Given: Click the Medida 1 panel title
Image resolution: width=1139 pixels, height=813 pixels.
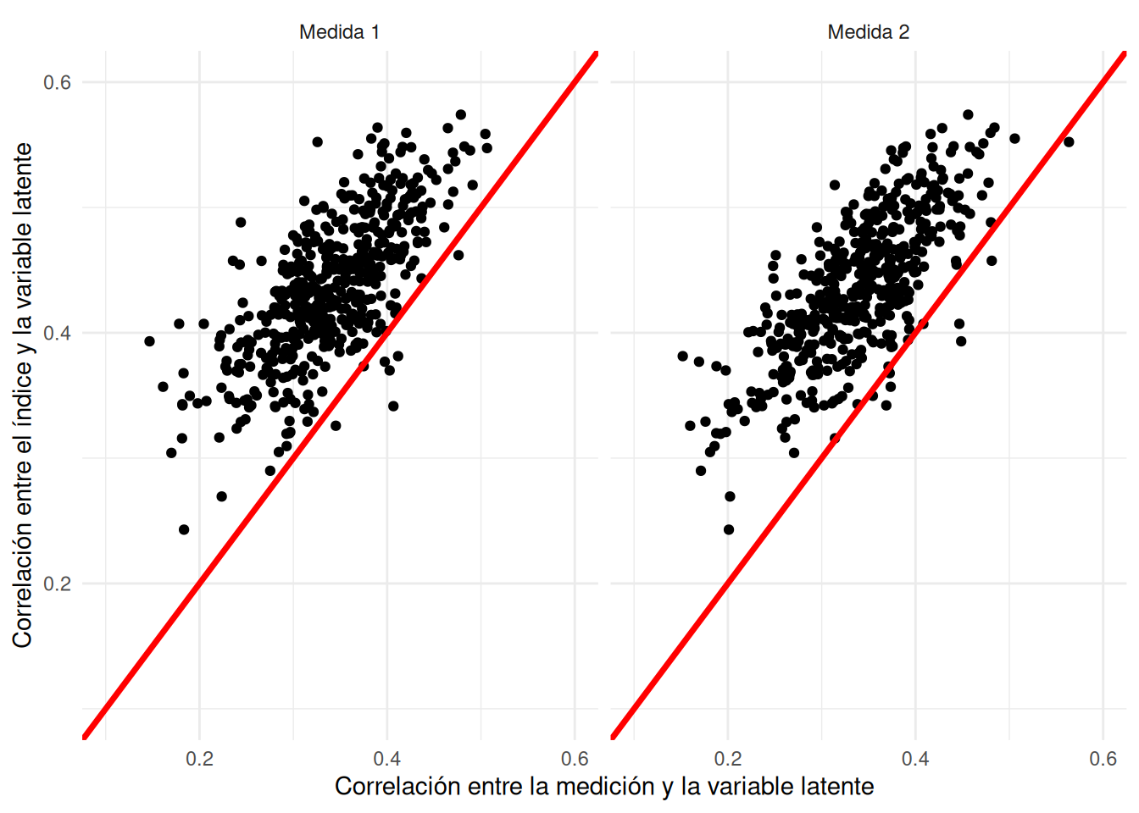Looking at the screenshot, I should tap(339, 32).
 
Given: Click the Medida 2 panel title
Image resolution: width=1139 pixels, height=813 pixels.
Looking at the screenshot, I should tap(868, 32).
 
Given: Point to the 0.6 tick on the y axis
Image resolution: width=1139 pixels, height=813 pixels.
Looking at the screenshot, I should tap(57, 82).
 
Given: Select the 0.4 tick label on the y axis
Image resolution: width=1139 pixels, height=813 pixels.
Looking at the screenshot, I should tap(57, 333).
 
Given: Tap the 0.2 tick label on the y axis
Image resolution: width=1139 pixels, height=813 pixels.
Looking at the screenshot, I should tap(57, 583).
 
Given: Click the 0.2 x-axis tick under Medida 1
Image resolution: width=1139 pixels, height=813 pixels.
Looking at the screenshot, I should tap(199, 759).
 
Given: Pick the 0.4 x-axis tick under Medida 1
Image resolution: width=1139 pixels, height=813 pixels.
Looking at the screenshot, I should tap(387, 759).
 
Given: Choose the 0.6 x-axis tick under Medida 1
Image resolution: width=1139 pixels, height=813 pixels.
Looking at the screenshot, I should tap(575, 759).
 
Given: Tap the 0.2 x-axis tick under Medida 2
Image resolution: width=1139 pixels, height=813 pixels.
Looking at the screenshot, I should tap(727, 759).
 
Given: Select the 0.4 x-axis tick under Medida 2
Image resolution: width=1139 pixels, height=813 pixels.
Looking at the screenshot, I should tap(915, 759).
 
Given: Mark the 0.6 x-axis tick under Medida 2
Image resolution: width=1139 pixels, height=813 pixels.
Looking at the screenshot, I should tap(1103, 759).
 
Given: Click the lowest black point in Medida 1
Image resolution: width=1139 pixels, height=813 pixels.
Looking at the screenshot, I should tap(184, 530).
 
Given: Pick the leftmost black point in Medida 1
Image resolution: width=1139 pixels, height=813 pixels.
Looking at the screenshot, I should tap(149, 341).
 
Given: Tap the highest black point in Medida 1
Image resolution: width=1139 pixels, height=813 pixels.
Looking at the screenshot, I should tap(461, 114).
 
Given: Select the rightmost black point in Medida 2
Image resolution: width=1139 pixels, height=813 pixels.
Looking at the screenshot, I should tap(1069, 141).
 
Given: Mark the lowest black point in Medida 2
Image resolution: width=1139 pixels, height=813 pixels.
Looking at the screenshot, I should tap(729, 530).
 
